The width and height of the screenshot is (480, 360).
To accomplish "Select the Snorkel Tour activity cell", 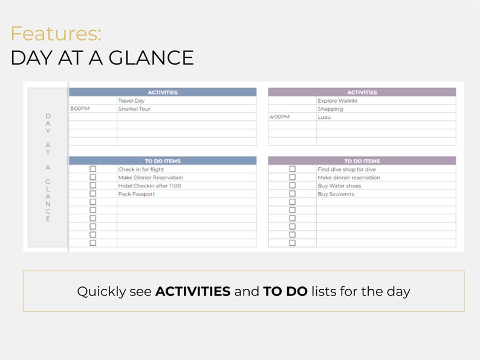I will coord(134,109).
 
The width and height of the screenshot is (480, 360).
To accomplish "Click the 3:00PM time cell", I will coord(80,109).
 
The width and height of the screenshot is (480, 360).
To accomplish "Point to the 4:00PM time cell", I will coord(279,117).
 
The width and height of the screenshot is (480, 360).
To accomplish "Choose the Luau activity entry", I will coord(324,117).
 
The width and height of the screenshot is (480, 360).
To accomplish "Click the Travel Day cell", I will coord(131,101).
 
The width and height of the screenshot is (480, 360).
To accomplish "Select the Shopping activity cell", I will coord(330,109).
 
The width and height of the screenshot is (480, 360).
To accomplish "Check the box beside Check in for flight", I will coord(92,170).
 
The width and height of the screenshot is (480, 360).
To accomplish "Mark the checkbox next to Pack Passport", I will coord(92,194).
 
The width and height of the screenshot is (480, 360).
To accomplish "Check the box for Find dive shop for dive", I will coord(292,170).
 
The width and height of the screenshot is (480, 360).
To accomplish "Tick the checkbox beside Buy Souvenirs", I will coord(292,194).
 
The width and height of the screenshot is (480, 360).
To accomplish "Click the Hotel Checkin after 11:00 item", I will coord(149,186).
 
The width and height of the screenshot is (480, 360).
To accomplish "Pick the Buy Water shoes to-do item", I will coord(340,186).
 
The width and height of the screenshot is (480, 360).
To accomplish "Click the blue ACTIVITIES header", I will coord(163,92).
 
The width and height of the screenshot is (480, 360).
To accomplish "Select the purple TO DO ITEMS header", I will coord(362,161).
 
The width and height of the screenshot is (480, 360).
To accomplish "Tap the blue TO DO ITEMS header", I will coord(163,161).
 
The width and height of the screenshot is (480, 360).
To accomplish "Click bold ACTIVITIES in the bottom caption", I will coord(193,291).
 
